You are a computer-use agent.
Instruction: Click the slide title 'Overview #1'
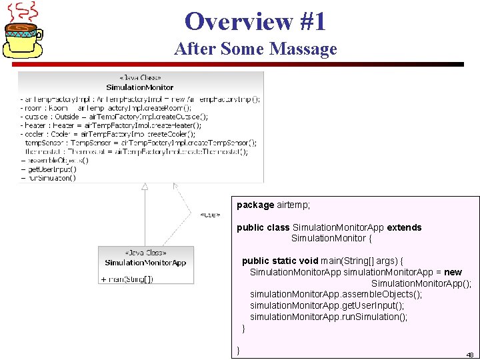tap(255, 21)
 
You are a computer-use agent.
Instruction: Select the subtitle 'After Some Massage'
tap(255, 49)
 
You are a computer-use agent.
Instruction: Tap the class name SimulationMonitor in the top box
tap(140, 87)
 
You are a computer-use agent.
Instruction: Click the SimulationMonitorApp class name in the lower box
tap(145, 263)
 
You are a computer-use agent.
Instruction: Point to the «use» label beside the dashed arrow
tap(210, 215)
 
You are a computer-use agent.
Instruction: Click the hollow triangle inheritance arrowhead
tap(145, 187)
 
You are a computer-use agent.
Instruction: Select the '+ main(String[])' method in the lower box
tap(127, 279)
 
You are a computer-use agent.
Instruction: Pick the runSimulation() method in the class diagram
tap(51, 178)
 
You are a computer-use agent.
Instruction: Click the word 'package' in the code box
tap(255, 205)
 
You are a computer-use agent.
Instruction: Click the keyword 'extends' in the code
tap(404, 227)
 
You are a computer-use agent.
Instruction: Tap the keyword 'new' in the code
tap(453, 272)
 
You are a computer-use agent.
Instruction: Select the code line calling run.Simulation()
tap(328, 317)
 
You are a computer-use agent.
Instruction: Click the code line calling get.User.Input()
tap(327, 305)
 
